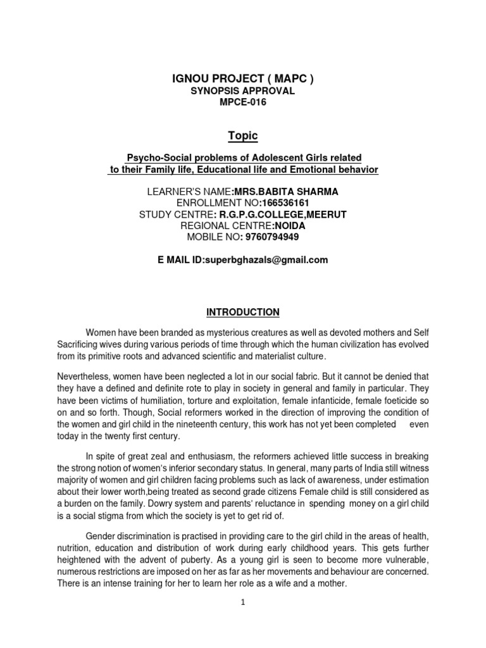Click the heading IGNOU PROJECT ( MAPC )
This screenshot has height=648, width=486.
(x=244, y=79)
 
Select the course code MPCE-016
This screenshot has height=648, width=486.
(x=244, y=103)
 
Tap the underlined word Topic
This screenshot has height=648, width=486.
(x=244, y=136)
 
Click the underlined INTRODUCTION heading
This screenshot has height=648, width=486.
(x=243, y=312)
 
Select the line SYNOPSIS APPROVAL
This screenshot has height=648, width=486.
(x=244, y=92)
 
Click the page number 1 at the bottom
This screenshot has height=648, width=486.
(x=243, y=603)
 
